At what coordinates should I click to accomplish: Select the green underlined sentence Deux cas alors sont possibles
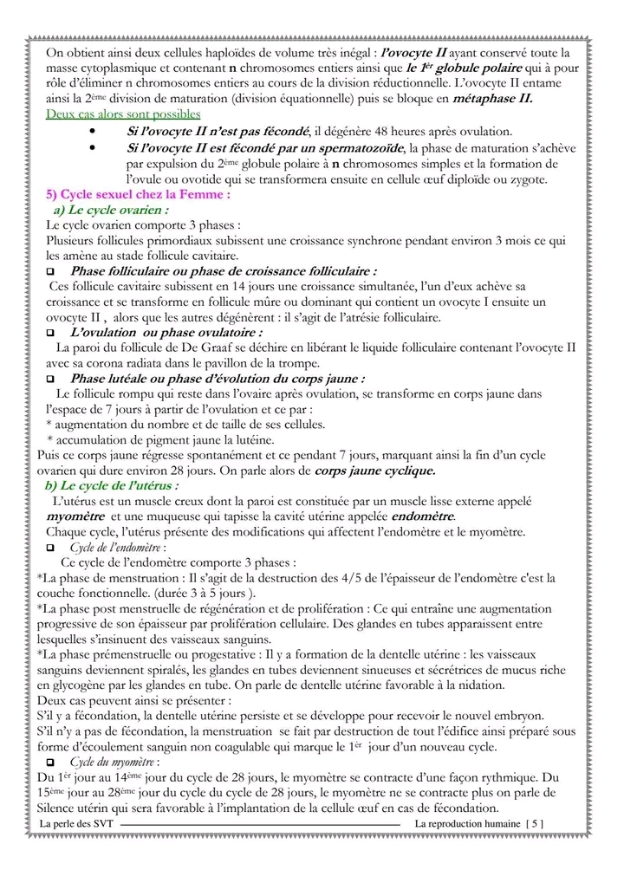click(123, 114)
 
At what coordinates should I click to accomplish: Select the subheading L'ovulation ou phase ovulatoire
click(166, 332)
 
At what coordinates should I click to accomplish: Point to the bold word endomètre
click(415, 516)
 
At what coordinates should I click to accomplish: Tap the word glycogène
click(82, 685)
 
